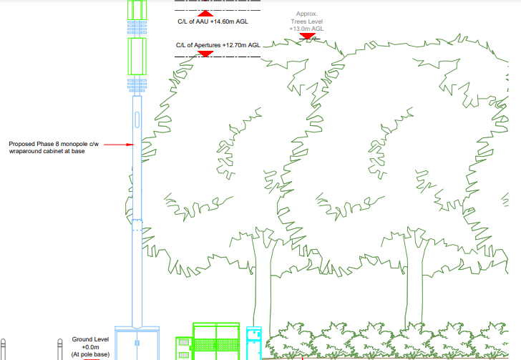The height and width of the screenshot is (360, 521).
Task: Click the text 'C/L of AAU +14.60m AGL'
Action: tap(212, 22)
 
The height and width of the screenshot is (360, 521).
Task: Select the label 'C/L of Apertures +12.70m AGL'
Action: tap(218, 45)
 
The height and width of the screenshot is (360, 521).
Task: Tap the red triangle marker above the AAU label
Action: tap(205, 13)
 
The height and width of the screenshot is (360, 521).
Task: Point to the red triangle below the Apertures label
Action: tap(205, 52)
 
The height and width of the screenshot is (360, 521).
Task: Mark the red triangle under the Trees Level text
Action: tap(307, 36)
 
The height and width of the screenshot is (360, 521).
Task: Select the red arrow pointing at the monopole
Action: tap(119, 144)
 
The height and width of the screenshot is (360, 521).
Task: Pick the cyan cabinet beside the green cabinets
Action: tap(254, 343)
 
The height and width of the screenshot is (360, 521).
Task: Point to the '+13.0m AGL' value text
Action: tap(307, 29)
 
